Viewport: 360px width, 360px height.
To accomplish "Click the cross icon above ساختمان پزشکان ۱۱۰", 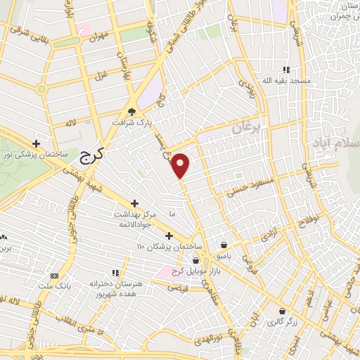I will (168, 236).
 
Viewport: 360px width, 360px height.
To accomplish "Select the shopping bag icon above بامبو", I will (224, 245).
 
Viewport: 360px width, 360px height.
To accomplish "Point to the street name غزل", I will (101, 75).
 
